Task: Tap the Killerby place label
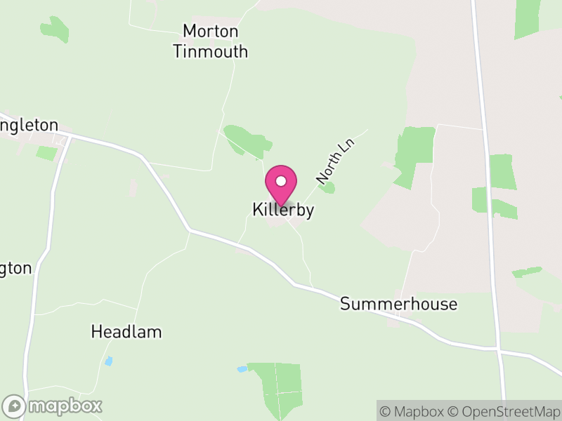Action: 282,210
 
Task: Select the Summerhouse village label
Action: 398,304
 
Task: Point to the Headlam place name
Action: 126,332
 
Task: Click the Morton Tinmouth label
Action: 211,41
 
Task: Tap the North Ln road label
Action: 336,162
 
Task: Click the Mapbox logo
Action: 53,406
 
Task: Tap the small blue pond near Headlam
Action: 108,361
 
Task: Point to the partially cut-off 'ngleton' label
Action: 29,126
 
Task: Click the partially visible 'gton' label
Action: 15,268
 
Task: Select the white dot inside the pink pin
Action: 281,181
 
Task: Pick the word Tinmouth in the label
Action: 211,51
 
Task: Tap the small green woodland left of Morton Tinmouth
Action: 55,29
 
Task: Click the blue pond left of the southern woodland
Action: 242,368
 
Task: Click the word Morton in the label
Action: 211,31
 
